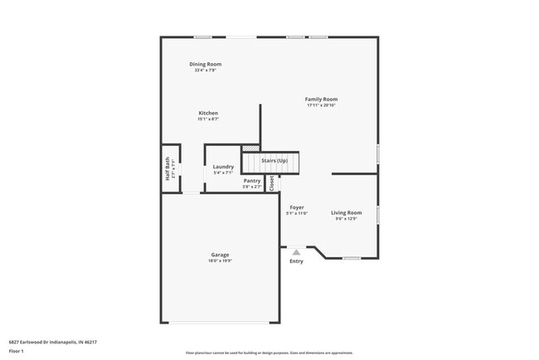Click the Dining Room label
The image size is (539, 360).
206,64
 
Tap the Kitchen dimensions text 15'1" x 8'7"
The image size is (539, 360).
208,119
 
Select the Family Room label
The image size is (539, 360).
321,99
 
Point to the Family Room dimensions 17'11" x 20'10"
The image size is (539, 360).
321,105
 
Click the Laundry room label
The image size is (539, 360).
223,167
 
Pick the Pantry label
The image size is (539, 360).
252,180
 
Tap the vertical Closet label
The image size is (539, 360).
271,182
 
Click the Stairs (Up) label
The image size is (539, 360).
274,160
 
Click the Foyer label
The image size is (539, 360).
297,207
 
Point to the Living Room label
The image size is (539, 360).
347,212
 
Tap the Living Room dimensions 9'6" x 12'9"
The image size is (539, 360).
347,219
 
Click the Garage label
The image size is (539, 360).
220,255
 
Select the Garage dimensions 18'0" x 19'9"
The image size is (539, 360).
220,261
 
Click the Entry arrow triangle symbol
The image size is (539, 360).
296,251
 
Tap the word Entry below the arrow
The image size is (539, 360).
296,261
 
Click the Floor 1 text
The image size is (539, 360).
17,351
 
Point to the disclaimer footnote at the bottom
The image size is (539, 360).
269,353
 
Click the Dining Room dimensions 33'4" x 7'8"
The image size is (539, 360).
206,71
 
